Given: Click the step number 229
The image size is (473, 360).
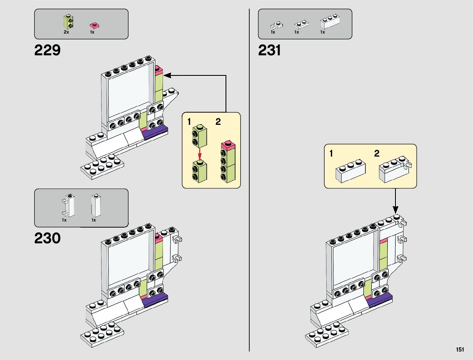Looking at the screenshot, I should point(47,50).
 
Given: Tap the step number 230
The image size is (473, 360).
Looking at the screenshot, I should point(47,238).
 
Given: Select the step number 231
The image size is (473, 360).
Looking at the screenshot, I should point(269,50).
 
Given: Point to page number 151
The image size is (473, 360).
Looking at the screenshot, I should point(460,349).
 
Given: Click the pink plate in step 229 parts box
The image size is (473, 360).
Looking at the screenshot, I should point(94,25).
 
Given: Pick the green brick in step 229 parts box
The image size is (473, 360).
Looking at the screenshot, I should point(69,21).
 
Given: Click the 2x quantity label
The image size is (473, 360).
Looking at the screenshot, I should point(66,32).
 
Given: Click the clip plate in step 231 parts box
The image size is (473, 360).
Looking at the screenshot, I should point(276,25).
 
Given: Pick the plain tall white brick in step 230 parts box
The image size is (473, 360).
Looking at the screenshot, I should point(96,206).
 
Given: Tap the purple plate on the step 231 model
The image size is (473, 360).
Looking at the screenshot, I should point(380,300).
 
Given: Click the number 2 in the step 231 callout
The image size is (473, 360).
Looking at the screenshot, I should point(377,154).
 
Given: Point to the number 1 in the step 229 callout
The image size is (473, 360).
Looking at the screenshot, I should point(189,122).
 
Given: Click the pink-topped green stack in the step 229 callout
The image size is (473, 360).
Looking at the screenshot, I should point(228,162).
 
